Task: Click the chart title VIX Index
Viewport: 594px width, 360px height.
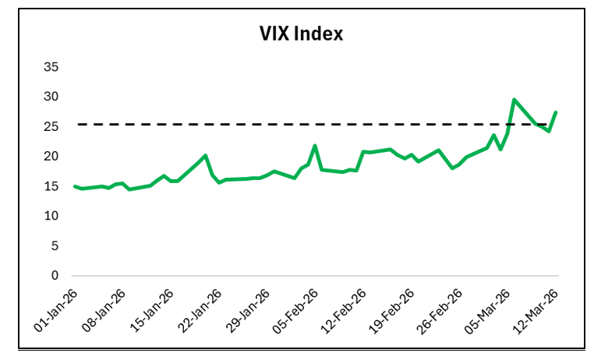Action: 301,34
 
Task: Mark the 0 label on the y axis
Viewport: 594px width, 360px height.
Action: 55,276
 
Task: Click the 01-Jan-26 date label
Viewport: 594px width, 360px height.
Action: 55,310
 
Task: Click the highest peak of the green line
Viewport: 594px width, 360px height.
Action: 514,100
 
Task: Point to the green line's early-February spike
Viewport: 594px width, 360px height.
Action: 315,146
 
